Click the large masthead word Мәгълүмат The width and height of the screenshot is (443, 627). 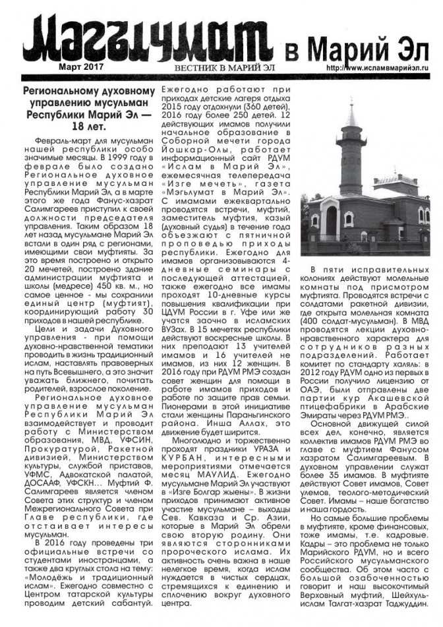click(x=151, y=43)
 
